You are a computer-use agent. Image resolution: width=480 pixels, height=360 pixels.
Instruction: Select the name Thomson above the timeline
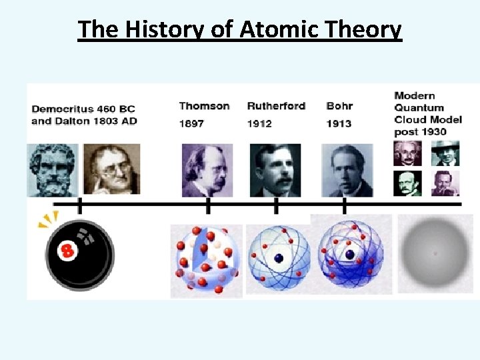tap(204, 106)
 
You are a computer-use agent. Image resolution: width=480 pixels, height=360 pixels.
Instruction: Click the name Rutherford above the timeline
tap(276, 106)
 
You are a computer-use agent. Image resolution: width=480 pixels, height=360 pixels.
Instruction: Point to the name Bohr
tap(339, 106)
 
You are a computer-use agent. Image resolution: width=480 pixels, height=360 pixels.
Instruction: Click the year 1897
tap(191, 123)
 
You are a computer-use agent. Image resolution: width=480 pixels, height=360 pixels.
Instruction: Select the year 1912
tap(259, 123)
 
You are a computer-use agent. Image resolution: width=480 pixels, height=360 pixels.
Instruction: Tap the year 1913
tap(339, 123)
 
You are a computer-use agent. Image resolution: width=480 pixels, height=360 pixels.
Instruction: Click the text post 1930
tap(420, 131)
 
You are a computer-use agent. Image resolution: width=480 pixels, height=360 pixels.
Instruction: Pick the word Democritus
tap(63, 109)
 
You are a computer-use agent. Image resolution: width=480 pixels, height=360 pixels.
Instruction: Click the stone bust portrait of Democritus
tap(53, 170)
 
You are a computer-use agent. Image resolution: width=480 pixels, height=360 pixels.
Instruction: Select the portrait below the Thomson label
tap(207, 170)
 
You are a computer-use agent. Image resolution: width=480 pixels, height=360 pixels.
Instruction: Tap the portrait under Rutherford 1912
tap(275, 170)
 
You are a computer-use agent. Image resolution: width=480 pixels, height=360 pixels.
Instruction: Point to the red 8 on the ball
tap(67, 251)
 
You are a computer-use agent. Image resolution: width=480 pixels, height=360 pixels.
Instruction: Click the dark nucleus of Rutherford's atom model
tap(279, 258)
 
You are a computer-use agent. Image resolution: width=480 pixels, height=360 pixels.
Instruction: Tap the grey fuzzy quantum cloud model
tap(435, 254)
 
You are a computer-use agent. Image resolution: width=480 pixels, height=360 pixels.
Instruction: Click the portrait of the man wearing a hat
tap(445, 153)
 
